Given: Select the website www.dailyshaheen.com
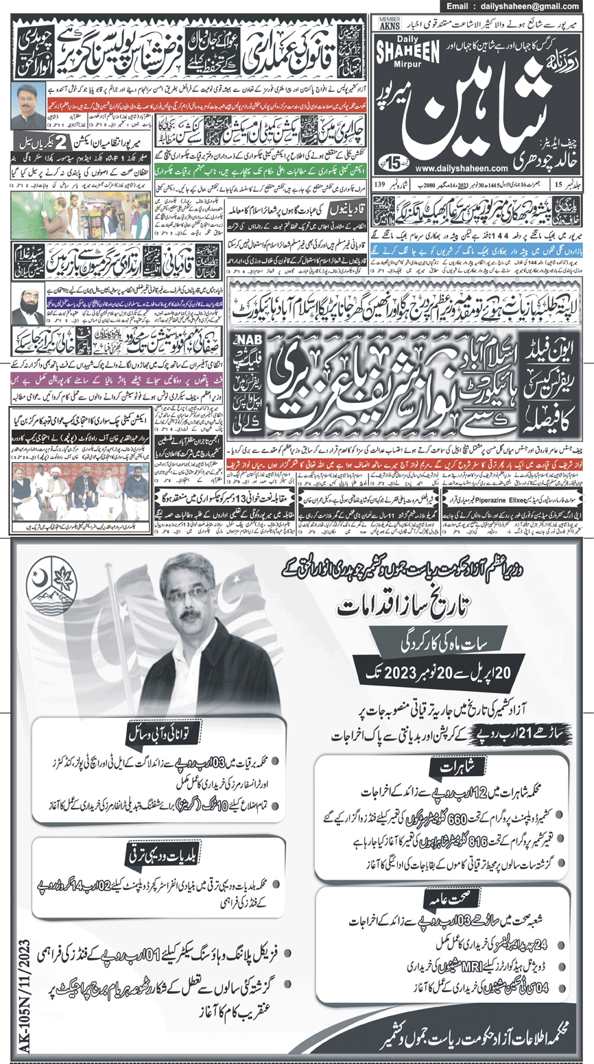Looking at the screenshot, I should coord(471,167).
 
